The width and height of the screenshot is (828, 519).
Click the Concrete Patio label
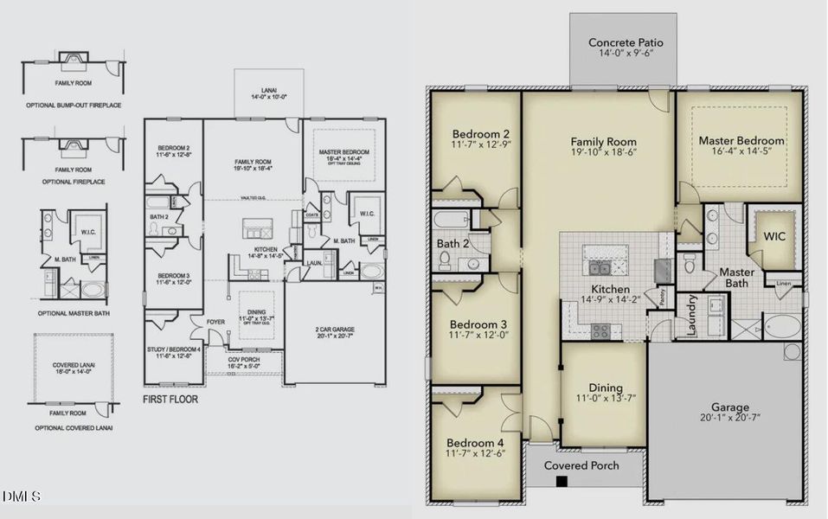click(x=620, y=42)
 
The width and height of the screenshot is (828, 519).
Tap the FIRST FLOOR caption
click(x=170, y=400)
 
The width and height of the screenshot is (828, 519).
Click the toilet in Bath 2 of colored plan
click(x=445, y=257)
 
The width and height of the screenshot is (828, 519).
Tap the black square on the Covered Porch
click(x=562, y=481)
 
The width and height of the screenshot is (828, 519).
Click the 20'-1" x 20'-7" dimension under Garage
click(x=730, y=422)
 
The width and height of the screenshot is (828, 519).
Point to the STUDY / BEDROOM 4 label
click(x=173, y=349)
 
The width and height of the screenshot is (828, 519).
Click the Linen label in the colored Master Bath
click(x=784, y=283)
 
